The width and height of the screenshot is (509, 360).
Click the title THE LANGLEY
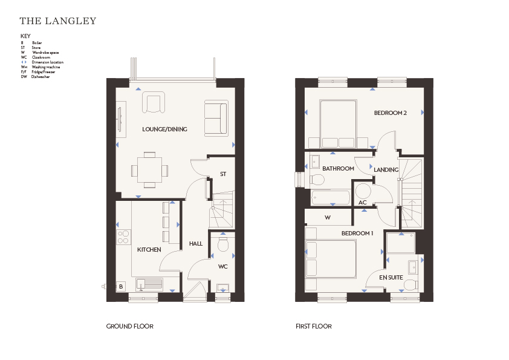coord(58,21)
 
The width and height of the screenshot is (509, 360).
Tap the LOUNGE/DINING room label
coord(164,129)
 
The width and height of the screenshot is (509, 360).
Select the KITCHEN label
coord(149,249)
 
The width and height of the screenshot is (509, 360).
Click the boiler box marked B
coord(121,286)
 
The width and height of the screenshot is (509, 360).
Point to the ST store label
coord(223,174)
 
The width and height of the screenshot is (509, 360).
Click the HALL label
coord(196,244)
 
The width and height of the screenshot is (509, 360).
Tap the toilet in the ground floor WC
coord(223,244)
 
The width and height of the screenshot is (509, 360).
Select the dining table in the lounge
coord(150,170)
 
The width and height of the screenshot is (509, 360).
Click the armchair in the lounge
coord(153,102)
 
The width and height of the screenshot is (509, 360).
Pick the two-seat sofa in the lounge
coord(216,118)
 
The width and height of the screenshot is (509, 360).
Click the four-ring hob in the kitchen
coord(123,237)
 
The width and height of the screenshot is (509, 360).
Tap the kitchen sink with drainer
coord(149,284)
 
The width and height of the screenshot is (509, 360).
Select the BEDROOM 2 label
coord(390,113)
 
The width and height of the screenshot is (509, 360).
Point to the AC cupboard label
coord(362,203)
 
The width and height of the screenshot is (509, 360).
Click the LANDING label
coord(386,169)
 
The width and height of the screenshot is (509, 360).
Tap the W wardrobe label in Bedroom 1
coord(328,217)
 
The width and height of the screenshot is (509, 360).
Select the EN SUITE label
coord(391,278)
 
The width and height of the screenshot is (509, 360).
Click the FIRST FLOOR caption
coord(314,326)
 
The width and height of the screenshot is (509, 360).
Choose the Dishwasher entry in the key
coord(36,77)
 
